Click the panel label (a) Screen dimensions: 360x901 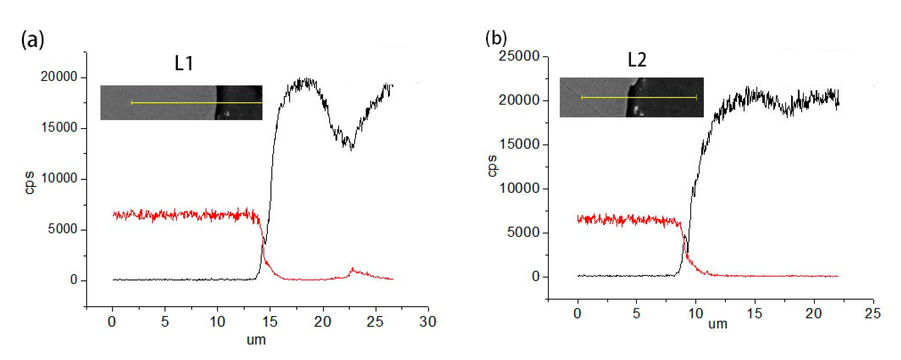(x=33, y=40)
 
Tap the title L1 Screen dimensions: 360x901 (x=184, y=63)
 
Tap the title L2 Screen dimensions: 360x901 (x=637, y=60)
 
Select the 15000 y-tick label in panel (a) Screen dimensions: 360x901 (x=59, y=128)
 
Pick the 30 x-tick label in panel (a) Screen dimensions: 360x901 (x=428, y=321)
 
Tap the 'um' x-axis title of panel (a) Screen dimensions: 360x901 (x=256, y=340)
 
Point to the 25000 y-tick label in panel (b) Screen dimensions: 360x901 (x=519, y=56)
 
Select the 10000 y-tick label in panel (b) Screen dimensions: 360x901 (x=519, y=188)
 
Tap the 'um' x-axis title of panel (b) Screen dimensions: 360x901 (x=718, y=324)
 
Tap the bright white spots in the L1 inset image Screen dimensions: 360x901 (x=227, y=113)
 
